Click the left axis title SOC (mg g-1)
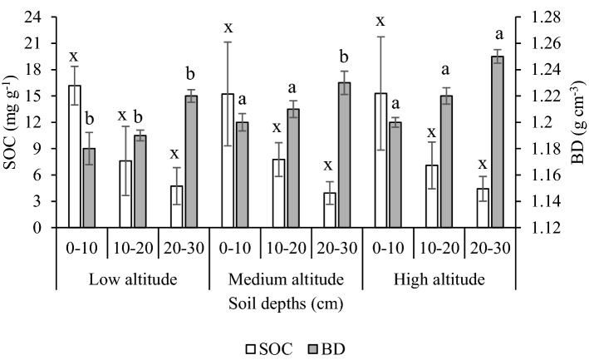[x=12, y=122]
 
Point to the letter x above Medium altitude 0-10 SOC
[x=228, y=27]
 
